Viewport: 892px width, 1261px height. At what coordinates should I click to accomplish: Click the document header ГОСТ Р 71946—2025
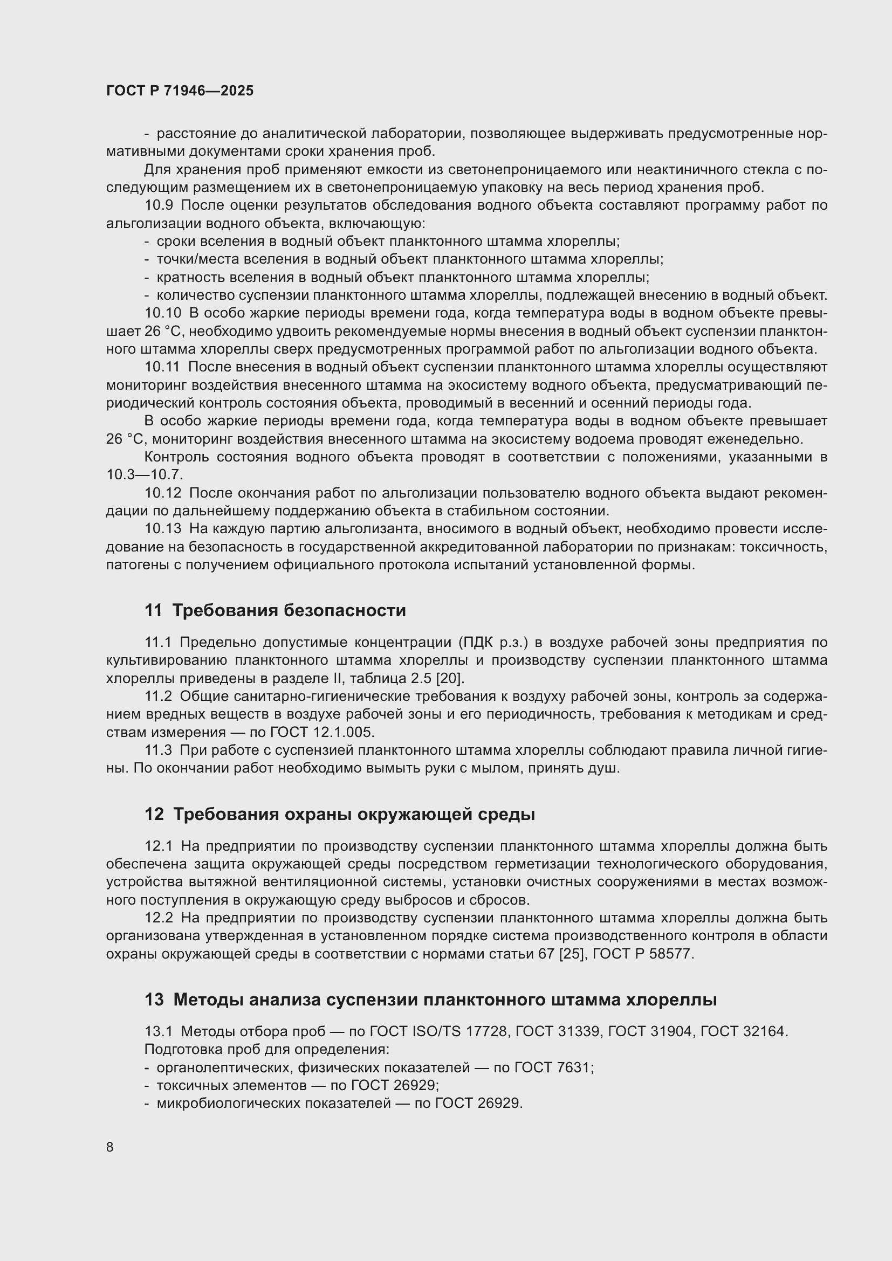[180, 91]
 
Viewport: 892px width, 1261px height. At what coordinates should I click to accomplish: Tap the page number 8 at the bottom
[110, 1147]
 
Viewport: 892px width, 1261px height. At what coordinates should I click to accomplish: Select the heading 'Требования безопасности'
[289, 610]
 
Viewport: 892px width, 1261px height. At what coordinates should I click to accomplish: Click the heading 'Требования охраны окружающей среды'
[354, 814]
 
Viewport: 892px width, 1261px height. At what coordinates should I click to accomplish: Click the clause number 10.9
[159, 205]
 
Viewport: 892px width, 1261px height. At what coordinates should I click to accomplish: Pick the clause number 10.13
[162, 529]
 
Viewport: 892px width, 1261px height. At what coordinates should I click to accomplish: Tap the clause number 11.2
[158, 697]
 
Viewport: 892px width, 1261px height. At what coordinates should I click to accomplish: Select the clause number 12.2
[159, 918]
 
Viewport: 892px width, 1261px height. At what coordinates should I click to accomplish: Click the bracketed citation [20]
[450, 678]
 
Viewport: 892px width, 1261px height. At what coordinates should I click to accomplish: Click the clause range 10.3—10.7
[145, 474]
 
